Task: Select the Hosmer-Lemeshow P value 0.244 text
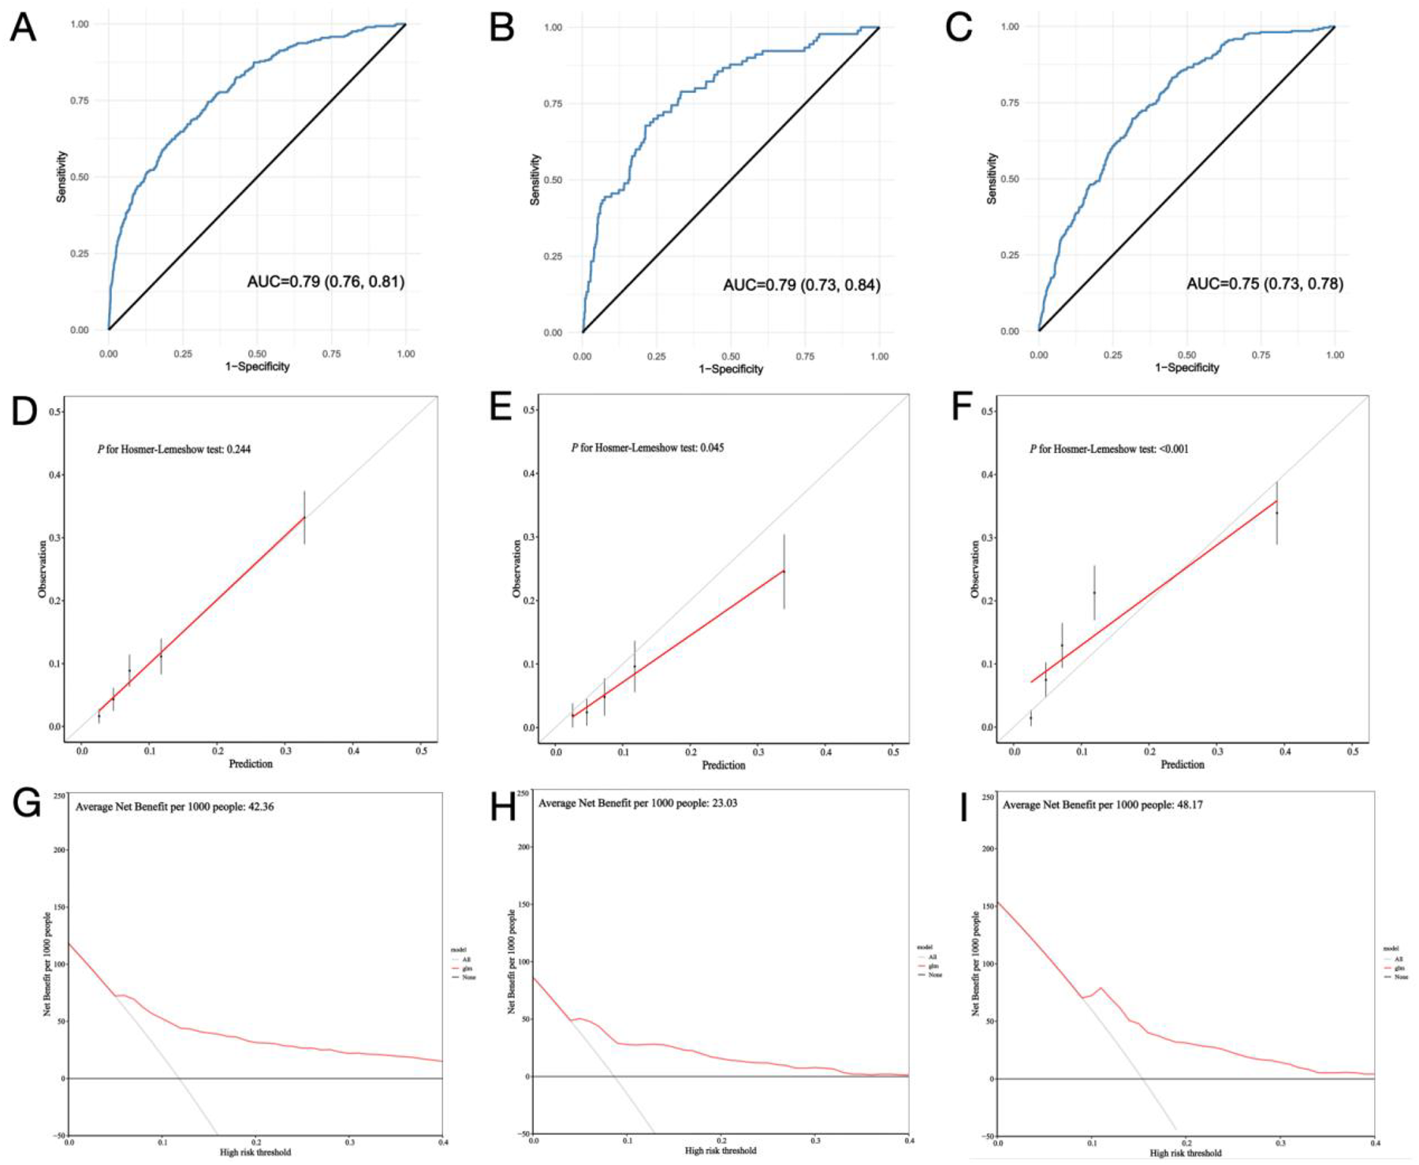174,449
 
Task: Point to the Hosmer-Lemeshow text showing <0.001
1109,449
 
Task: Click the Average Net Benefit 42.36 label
174,807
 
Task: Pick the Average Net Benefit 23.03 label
638,803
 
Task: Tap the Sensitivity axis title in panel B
535,180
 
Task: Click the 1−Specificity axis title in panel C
1186,367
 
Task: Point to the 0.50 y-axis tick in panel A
79,177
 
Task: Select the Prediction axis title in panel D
251,764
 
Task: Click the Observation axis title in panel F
975,569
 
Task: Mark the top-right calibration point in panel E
784,571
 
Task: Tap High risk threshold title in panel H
721,1151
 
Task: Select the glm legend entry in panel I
1400,967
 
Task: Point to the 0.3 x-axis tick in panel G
349,1142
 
